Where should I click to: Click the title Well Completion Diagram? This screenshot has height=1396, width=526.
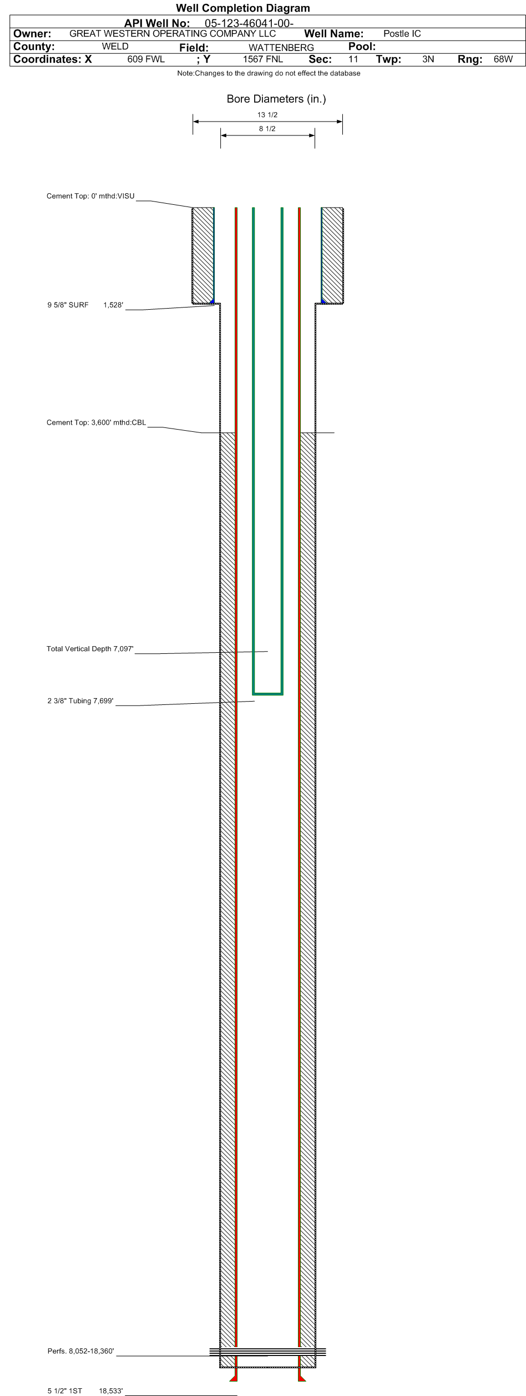pyautogui.click(x=243, y=8)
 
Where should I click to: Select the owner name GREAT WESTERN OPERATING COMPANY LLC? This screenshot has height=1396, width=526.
pyautogui.click(x=173, y=33)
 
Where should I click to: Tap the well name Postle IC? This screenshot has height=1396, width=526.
pyautogui.click(x=402, y=34)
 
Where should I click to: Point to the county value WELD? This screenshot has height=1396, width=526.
pyautogui.click(x=115, y=47)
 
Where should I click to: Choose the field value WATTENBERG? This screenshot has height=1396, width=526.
pyautogui.click(x=281, y=48)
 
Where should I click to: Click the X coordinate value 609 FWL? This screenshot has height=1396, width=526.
pyautogui.click(x=146, y=59)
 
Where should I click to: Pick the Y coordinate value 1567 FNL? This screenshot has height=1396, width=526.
pyautogui.click(x=263, y=59)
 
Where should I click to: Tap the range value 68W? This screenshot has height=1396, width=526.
pyautogui.click(x=503, y=59)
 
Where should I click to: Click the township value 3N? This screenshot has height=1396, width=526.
pyautogui.click(x=428, y=59)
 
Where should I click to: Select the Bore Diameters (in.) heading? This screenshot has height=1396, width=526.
pyautogui.click(x=276, y=99)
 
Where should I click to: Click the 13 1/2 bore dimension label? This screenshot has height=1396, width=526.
pyautogui.click(x=267, y=115)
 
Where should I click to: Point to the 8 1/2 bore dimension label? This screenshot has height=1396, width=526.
pyautogui.click(x=267, y=129)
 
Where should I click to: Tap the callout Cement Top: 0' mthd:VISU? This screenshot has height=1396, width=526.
pyautogui.click(x=90, y=196)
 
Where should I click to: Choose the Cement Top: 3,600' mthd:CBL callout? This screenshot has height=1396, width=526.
pyautogui.click(x=97, y=423)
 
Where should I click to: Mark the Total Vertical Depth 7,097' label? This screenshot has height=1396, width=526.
pyautogui.click(x=90, y=649)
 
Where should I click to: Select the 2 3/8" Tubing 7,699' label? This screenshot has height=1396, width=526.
pyautogui.click(x=80, y=702)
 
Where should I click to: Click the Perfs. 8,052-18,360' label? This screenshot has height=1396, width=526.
pyautogui.click(x=80, y=1352)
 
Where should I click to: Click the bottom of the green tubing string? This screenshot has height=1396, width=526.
pyautogui.click(x=268, y=694)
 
